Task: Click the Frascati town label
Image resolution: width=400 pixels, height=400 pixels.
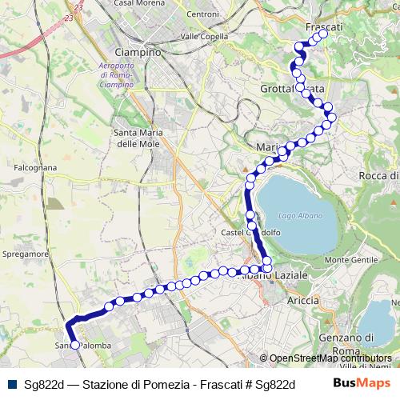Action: pyautogui.click(x=324, y=26)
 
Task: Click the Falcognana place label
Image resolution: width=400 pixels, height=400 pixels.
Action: pyautogui.click(x=34, y=168)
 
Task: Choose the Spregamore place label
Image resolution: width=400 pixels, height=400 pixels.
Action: pyautogui.click(x=27, y=253)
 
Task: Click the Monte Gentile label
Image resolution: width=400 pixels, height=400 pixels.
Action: pyautogui.click(x=350, y=261)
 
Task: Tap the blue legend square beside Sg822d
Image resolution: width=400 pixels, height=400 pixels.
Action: pyautogui.click(x=12, y=384)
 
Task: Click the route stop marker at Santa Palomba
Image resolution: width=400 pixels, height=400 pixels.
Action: pyautogui.click(x=75, y=345)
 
